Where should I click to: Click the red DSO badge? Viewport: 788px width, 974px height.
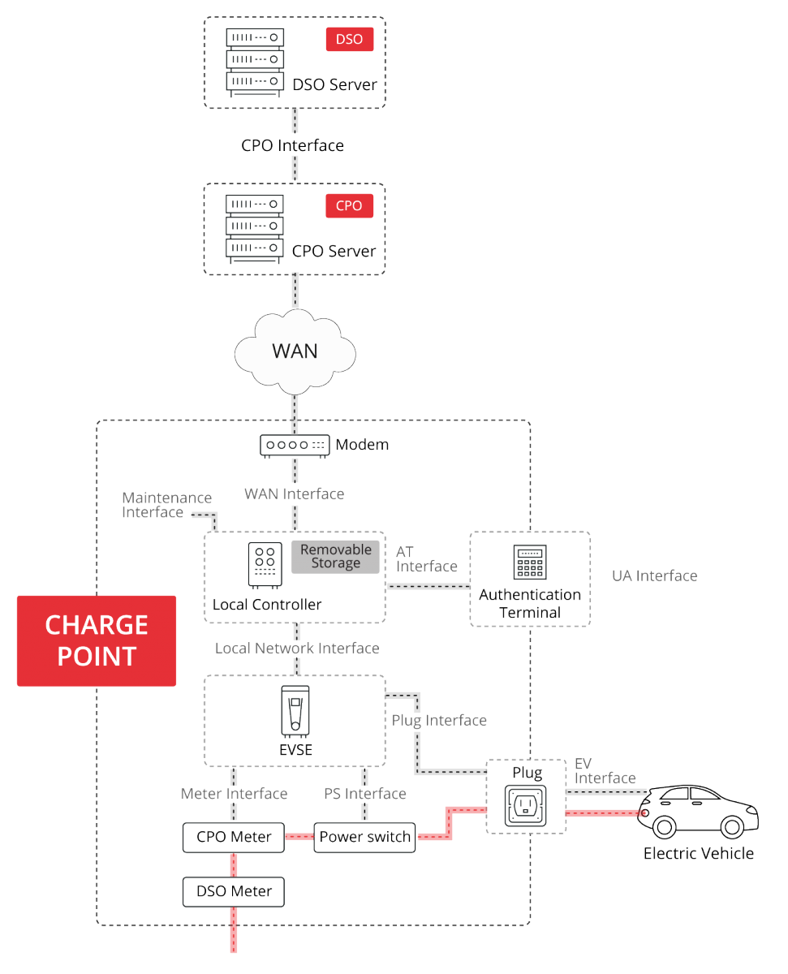click(x=350, y=39)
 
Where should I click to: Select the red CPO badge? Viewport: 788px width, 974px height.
click(x=350, y=205)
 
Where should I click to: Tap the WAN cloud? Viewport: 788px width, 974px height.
click(x=295, y=351)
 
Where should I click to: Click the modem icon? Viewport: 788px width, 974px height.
click(x=295, y=445)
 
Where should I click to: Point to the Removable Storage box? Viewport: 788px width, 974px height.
click(x=335, y=557)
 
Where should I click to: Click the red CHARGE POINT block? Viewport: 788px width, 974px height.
click(x=97, y=640)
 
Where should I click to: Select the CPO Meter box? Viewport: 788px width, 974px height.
click(x=234, y=837)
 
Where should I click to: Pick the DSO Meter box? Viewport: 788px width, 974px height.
click(x=234, y=891)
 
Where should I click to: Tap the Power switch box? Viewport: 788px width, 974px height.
click(x=364, y=837)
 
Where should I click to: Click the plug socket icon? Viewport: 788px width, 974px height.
click(x=525, y=806)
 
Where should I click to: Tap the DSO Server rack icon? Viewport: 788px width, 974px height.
click(x=254, y=62)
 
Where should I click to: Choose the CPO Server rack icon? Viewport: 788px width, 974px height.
click(x=254, y=229)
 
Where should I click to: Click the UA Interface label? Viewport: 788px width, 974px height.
click(x=654, y=576)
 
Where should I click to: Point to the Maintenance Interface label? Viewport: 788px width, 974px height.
click(x=166, y=505)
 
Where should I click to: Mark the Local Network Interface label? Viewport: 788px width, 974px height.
click(x=297, y=649)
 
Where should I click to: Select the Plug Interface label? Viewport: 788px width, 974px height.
click(x=439, y=720)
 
